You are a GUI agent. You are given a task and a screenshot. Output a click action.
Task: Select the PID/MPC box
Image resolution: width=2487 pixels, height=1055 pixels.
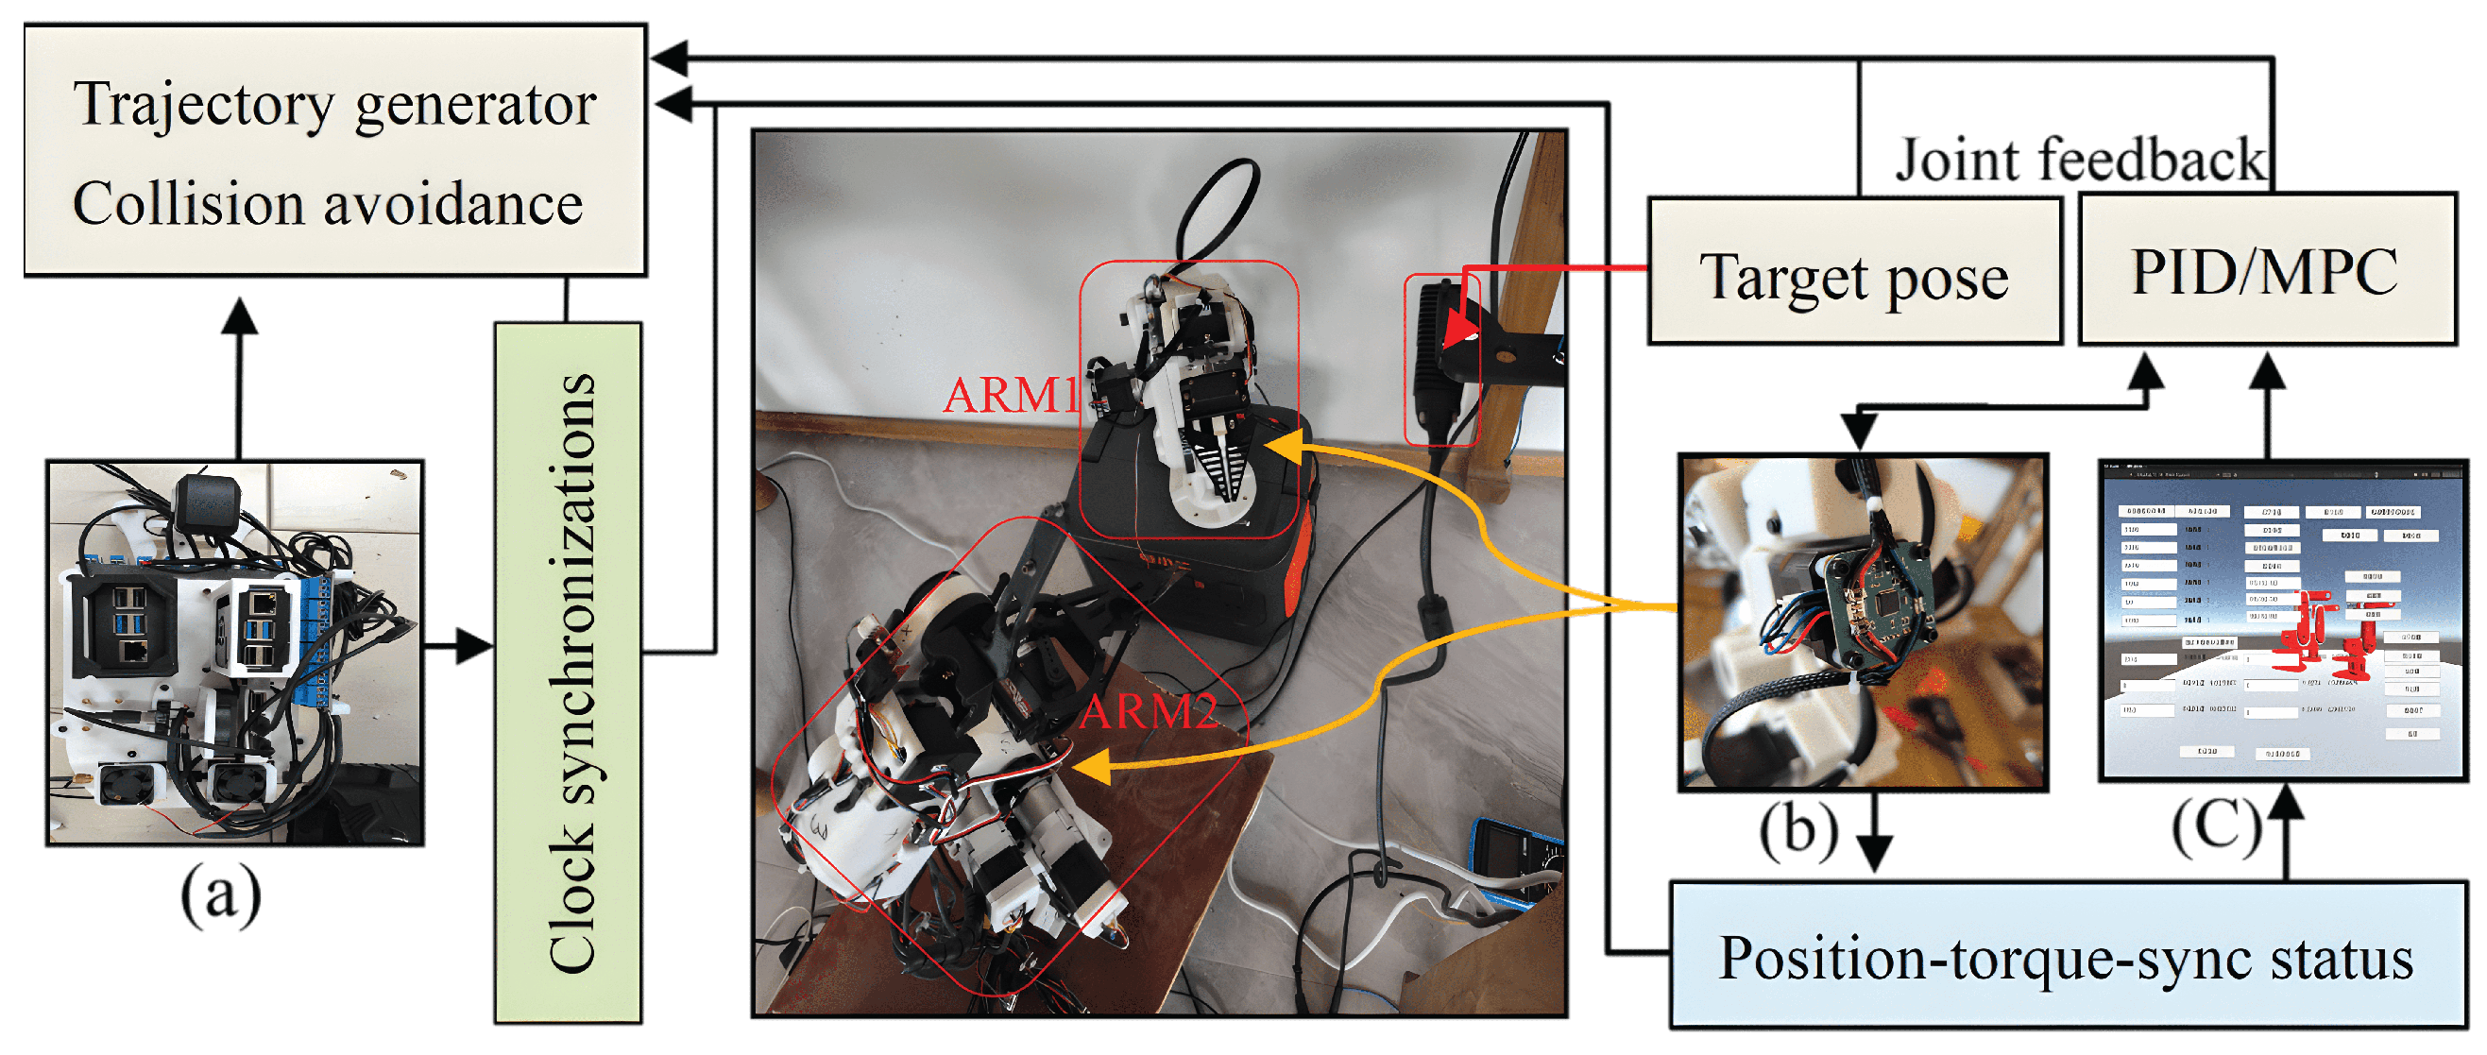(x=2265, y=270)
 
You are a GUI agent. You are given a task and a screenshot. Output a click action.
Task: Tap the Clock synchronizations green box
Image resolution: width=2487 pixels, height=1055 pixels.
(x=569, y=672)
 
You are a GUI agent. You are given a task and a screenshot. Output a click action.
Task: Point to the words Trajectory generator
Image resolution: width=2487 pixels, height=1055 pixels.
(x=335, y=104)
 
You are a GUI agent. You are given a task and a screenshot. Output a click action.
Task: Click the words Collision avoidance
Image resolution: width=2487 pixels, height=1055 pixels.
(x=329, y=204)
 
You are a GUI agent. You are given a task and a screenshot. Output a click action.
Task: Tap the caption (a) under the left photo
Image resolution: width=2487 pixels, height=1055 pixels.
(x=221, y=893)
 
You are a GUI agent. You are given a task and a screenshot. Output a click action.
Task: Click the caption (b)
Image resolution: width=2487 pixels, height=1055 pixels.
(x=1797, y=828)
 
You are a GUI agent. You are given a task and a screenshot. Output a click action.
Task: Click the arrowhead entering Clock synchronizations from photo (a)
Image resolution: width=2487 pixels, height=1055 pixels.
(x=476, y=646)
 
